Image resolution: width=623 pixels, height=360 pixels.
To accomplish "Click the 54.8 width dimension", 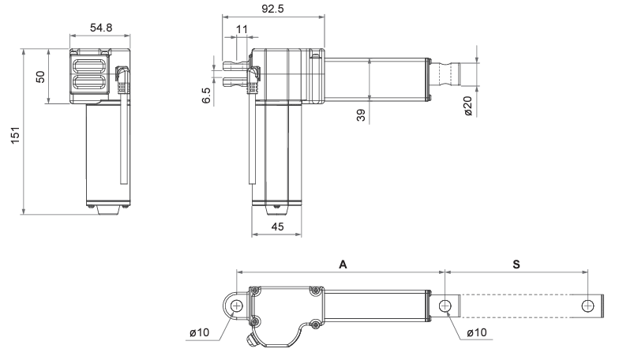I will click(101, 28).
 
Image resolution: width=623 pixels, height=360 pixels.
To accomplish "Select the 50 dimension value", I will click(39, 77).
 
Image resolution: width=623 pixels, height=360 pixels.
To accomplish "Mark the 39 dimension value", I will click(360, 115).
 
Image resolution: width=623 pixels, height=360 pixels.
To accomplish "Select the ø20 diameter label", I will click(467, 107).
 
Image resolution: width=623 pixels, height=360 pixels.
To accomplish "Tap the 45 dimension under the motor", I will click(276, 227).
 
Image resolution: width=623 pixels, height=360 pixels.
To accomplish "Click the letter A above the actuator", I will click(343, 265).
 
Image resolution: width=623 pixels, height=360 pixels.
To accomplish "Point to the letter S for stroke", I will click(516, 265).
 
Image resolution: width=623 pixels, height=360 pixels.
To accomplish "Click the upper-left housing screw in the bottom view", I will click(255, 291).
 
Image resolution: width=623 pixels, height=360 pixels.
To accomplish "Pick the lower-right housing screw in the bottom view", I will click(315, 324).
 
